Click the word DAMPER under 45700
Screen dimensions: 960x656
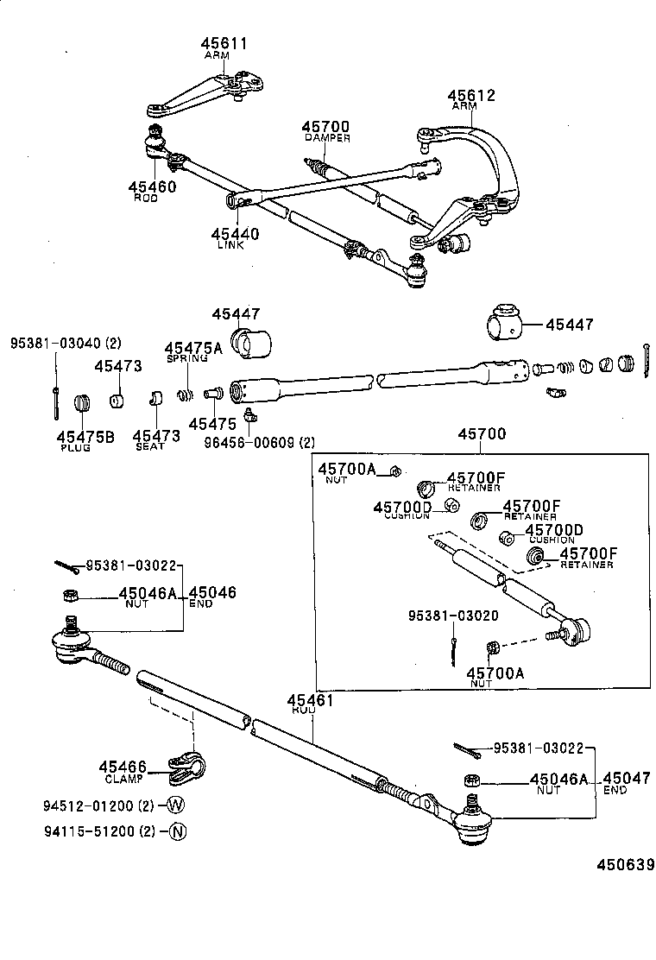326,138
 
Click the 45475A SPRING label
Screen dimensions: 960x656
193,351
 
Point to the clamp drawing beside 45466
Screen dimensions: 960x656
186,764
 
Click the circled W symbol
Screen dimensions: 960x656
176,805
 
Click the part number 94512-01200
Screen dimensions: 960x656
85,806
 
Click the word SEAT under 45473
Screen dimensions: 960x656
149,446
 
